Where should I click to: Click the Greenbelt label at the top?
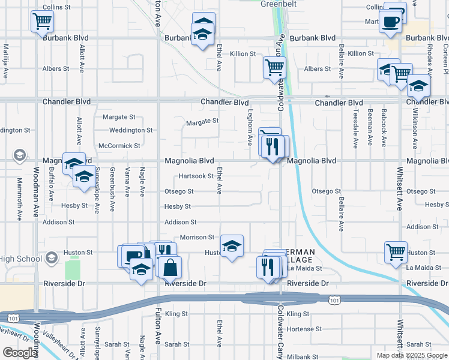pyautogui.click(x=279, y=4)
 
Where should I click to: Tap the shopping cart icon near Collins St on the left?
pyautogui.click(x=42, y=22)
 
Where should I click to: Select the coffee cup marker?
pyautogui.click(x=390, y=22)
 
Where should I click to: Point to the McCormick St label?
pyautogui.click(x=119, y=145)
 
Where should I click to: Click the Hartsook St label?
pyautogui.click(x=196, y=176)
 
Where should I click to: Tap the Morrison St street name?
pyautogui.click(x=197, y=238)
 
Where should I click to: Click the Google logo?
pyautogui.click(x=20, y=353)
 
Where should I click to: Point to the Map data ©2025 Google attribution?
pyautogui.click(x=411, y=355)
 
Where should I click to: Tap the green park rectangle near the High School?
pyautogui.click(x=72, y=267)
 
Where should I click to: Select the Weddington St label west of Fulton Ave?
pyautogui.click(x=131, y=130)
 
